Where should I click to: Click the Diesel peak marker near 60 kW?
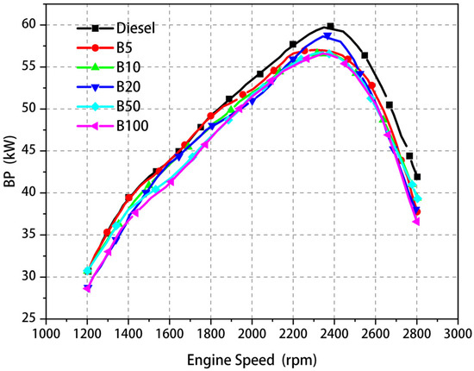click(x=330, y=27)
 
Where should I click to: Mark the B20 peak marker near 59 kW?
click(x=327, y=36)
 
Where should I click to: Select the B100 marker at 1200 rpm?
click(x=87, y=289)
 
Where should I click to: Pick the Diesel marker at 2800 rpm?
click(x=417, y=177)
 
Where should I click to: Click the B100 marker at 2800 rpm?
click(x=416, y=222)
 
